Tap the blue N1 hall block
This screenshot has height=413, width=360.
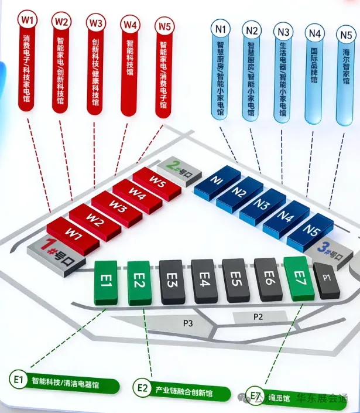pyautogui.click(x=217, y=180)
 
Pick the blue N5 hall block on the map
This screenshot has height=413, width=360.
pyautogui.click(x=310, y=233)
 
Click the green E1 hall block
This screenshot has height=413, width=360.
pyautogui.click(x=106, y=282)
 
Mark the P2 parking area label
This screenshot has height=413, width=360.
pyautogui.click(x=258, y=316)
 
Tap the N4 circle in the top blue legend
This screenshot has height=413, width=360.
pyautogui.click(x=314, y=33)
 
